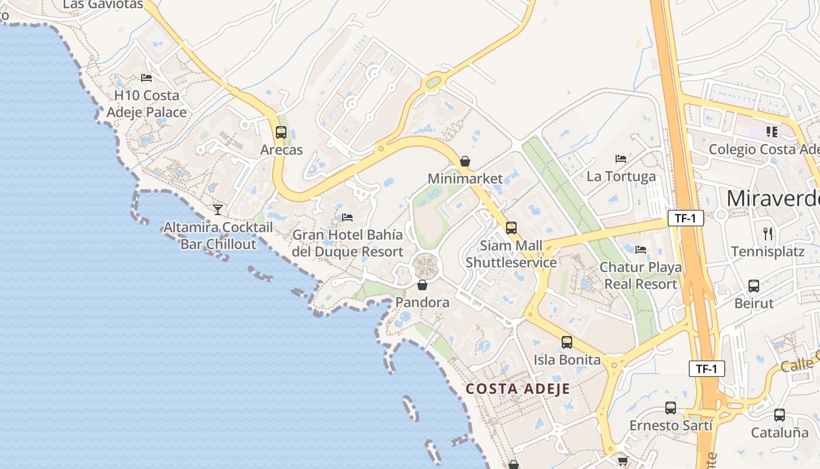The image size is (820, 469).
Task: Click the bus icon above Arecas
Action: (x=281, y=132)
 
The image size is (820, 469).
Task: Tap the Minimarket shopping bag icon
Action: (x=465, y=161)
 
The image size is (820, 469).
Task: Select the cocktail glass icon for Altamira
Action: (x=218, y=209)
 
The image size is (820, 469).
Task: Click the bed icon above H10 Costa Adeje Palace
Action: (x=146, y=77)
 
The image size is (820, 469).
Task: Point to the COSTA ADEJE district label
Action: (x=518, y=389)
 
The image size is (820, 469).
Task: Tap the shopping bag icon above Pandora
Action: (x=422, y=286)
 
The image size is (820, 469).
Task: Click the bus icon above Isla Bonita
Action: (x=567, y=342)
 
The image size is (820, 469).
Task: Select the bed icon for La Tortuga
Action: (x=621, y=159)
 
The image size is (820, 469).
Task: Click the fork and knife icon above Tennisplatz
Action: (x=768, y=234)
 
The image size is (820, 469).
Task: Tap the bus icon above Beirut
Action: (x=754, y=286)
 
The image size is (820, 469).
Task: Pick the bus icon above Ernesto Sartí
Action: (x=671, y=408)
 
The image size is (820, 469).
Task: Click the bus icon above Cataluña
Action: (x=780, y=415)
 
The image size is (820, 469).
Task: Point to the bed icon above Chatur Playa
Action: (x=641, y=250)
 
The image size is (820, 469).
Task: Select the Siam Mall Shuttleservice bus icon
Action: (x=511, y=228)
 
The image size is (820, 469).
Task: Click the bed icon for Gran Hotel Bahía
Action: (x=347, y=217)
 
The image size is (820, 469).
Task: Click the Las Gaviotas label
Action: (x=102, y=5)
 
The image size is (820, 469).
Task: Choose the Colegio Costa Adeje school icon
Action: (x=771, y=132)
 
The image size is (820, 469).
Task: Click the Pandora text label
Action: (x=422, y=303)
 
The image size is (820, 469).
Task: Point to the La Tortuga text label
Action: (x=621, y=176)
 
